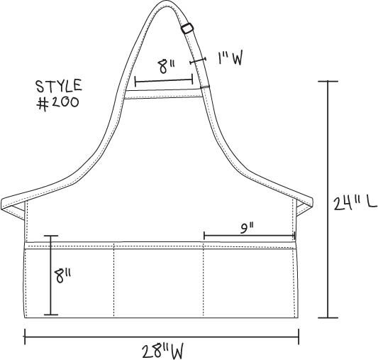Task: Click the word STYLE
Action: click(x=59, y=86)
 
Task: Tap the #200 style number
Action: click(x=57, y=103)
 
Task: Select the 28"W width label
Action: click(x=162, y=351)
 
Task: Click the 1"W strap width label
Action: click(x=230, y=58)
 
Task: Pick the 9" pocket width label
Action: click(x=247, y=229)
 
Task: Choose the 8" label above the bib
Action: click(x=166, y=66)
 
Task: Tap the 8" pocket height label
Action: click(x=62, y=276)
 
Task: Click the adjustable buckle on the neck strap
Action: click(x=187, y=28)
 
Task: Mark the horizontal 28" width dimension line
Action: click(x=162, y=337)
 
